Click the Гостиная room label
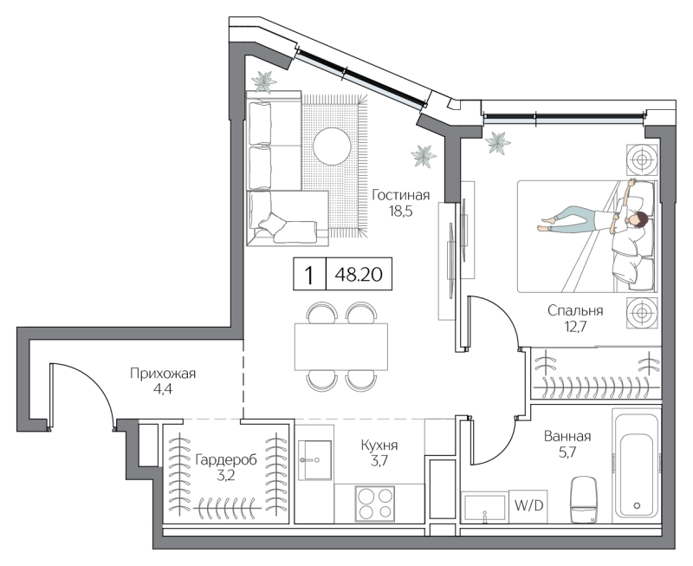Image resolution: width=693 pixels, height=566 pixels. [x=401, y=195]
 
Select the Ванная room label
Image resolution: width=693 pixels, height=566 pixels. [x=568, y=436]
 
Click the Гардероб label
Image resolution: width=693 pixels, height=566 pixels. [x=225, y=459]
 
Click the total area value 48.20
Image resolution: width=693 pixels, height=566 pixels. [x=359, y=276]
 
